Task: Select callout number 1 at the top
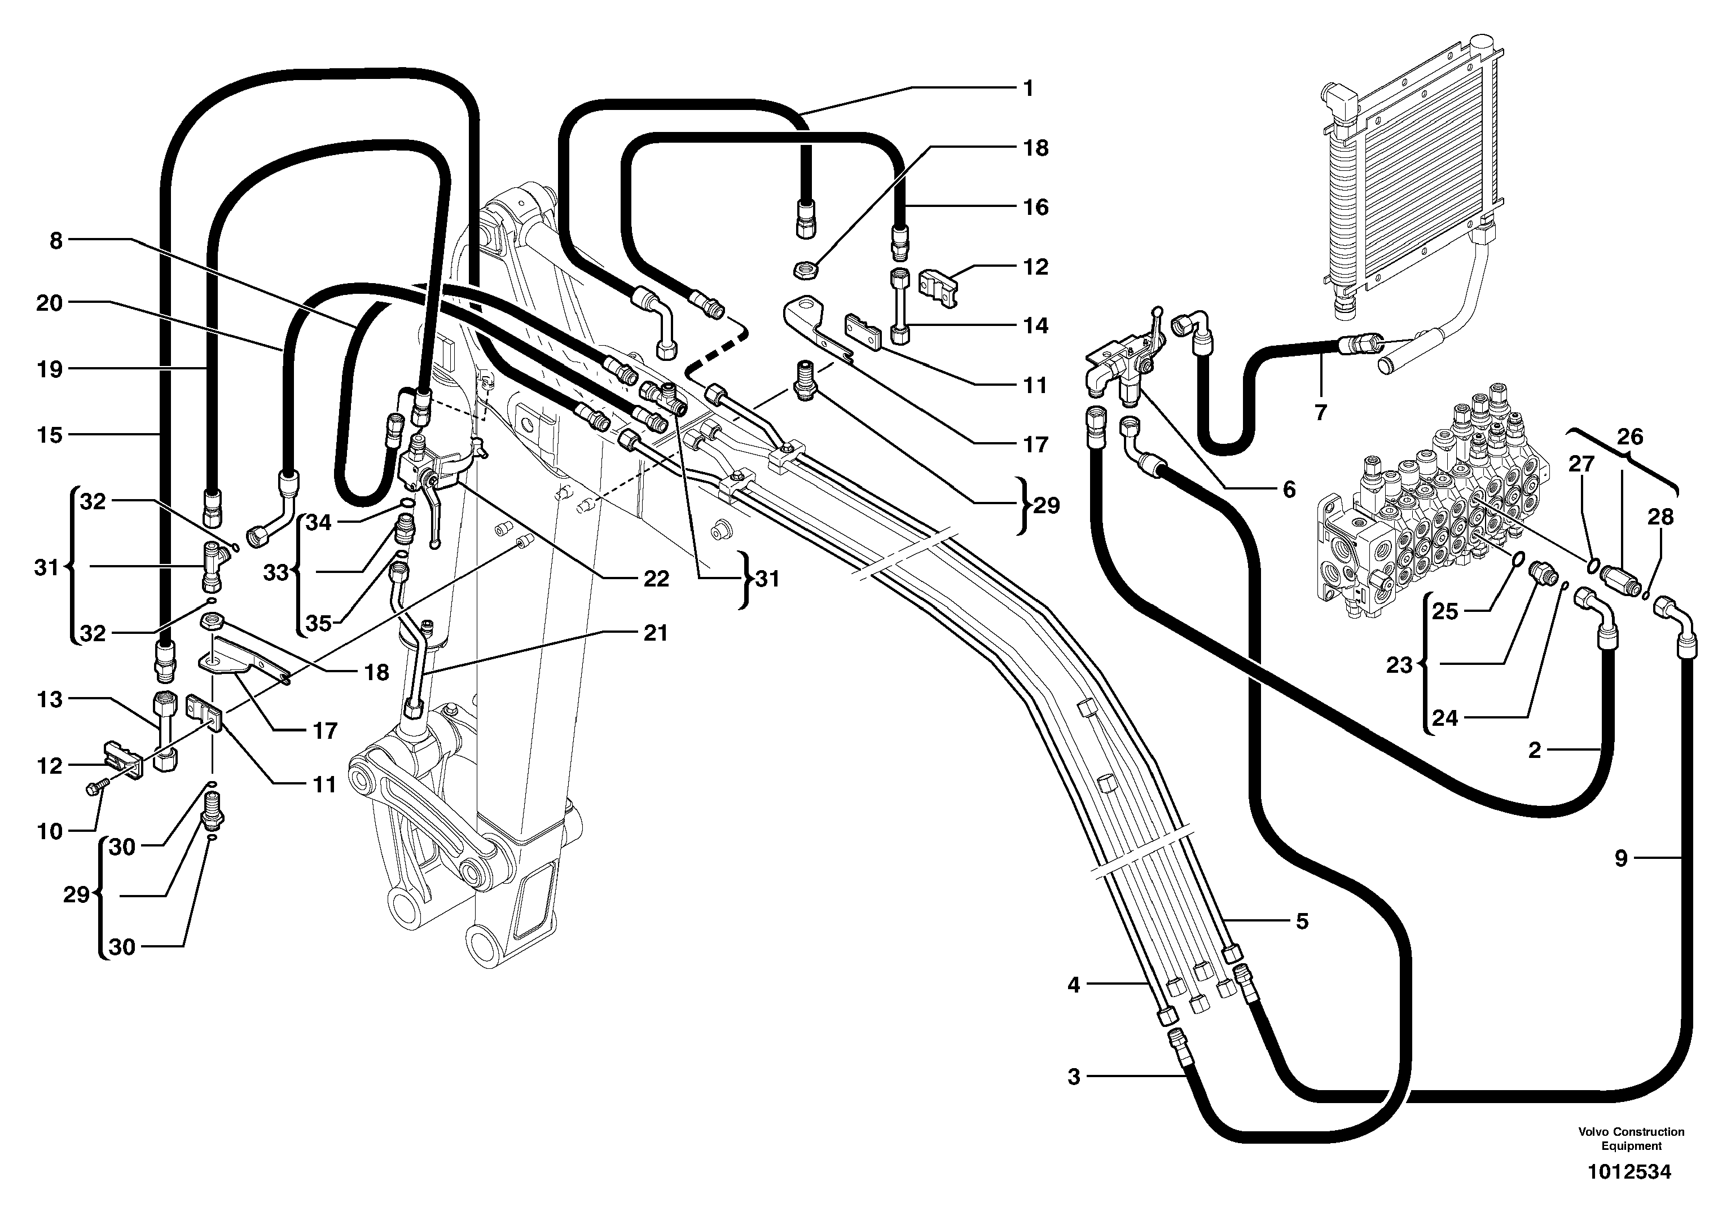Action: point(1027,88)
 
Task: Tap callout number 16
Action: point(1035,206)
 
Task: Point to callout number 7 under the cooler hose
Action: point(1320,412)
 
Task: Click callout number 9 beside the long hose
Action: point(1621,858)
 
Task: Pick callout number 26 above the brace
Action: point(1629,436)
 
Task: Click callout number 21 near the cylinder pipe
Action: point(655,633)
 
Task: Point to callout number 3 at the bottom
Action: point(1074,1077)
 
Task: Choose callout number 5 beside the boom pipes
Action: point(1302,921)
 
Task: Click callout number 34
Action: point(319,522)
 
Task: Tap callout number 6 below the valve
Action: point(1289,490)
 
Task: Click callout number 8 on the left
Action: point(56,241)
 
